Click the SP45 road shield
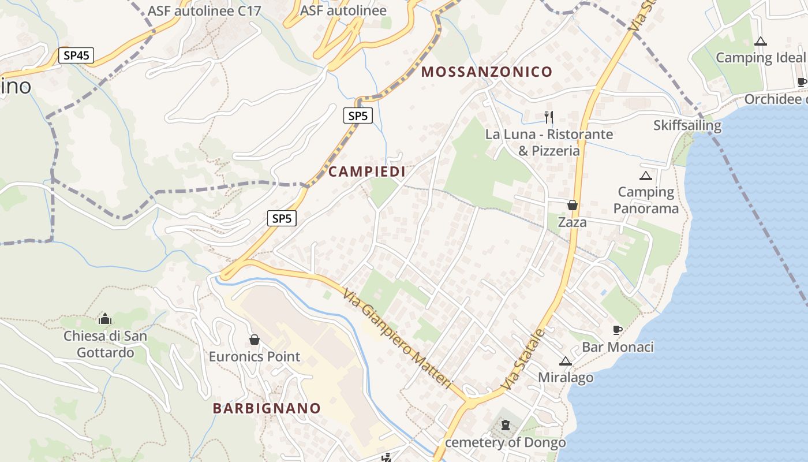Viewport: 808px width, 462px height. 76,55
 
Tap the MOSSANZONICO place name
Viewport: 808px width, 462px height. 487,72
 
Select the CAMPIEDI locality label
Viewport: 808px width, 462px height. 366,172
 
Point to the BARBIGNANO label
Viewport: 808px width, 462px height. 267,408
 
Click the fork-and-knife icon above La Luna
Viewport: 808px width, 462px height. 549,117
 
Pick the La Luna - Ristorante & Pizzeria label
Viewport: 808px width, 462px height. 549,143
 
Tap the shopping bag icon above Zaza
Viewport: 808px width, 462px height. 572,205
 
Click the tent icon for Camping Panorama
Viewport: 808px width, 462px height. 645,176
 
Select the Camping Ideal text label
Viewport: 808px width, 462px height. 760,58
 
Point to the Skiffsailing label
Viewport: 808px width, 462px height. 687,125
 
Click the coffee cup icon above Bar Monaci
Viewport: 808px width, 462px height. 617,330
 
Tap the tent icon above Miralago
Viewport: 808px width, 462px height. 565,362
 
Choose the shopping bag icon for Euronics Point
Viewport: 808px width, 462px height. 254,340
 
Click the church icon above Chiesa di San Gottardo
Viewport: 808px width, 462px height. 105,319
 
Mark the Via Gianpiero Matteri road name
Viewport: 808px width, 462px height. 396,339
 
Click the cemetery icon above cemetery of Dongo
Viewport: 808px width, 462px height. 506,426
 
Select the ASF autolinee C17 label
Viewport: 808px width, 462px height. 204,11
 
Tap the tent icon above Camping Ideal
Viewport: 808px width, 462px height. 761,41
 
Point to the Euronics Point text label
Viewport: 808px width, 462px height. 255,356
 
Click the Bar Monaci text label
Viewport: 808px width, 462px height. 618,347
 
